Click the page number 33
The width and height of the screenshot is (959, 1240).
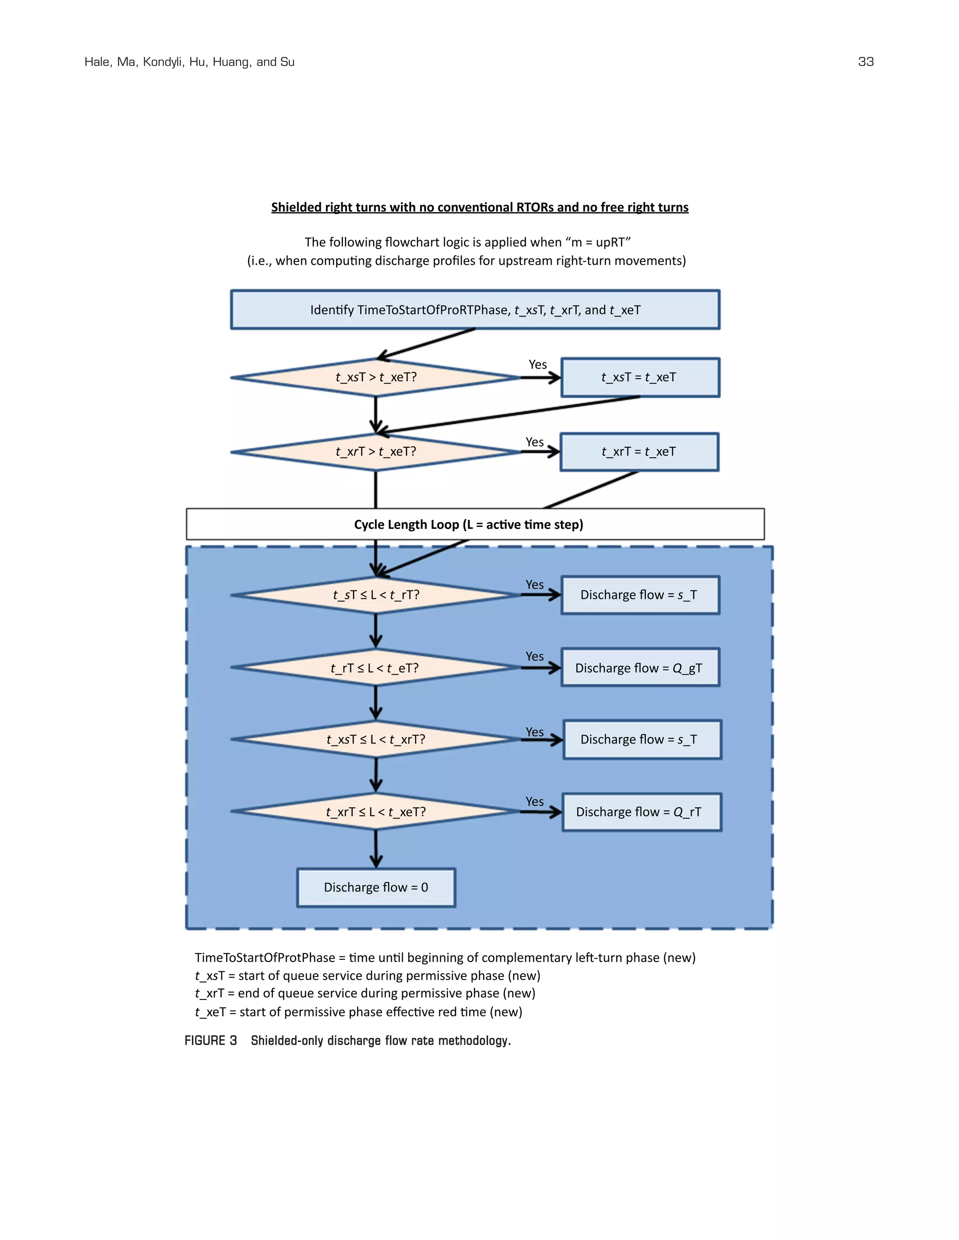click(865, 62)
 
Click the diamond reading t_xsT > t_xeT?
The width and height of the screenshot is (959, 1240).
click(376, 377)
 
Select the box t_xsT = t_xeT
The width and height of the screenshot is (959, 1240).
click(640, 377)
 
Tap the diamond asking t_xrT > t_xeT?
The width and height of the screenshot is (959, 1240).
click(376, 452)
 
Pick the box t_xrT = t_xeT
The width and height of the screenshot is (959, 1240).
click(639, 452)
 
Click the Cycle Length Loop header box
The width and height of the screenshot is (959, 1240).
click(475, 524)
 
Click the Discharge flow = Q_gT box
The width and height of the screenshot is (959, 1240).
click(640, 668)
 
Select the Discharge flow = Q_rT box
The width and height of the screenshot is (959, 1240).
click(642, 812)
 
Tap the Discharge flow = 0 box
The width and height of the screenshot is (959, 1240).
click(376, 887)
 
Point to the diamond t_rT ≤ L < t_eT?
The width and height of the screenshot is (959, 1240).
click(376, 668)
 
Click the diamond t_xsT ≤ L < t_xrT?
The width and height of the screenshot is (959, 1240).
click(376, 739)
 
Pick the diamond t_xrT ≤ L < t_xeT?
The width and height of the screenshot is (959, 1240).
click(376, 812)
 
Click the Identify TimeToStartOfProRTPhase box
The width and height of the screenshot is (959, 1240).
click(475, 310)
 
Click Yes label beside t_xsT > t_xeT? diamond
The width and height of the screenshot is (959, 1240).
click(538, 365)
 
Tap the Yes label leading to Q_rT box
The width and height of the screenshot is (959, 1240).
click(534, 802)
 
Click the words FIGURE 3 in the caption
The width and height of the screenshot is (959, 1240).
click(211, 1041)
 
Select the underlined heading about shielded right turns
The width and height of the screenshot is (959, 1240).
click(479, 207)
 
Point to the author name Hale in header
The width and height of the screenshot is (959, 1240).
click(97, 62)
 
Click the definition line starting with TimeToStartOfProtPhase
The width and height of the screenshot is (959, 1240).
click(445, 958)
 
